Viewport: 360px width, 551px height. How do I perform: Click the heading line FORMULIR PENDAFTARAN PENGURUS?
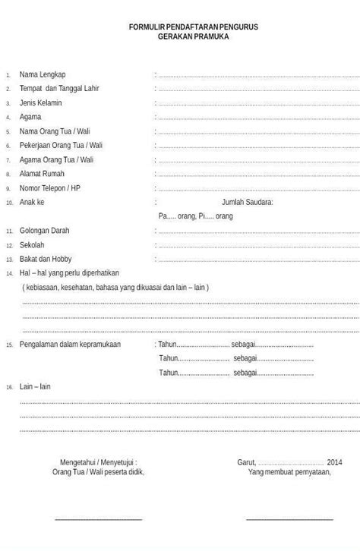193,27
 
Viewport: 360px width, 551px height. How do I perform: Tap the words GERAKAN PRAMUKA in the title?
193,36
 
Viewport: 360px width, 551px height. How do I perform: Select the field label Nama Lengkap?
43,74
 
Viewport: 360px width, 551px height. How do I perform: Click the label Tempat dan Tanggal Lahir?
59,89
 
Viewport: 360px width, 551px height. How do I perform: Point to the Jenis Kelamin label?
41,103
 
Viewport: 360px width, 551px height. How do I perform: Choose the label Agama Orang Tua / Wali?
57,160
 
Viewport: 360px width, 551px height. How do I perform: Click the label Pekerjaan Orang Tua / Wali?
60,146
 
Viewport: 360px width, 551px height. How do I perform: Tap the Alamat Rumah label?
42,174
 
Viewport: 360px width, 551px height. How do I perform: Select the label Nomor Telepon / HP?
50,188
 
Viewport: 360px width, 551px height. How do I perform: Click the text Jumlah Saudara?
247,203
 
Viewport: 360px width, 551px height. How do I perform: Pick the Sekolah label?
32,245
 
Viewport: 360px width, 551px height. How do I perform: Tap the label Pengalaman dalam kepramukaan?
70,345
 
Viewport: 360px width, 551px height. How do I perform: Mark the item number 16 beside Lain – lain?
9,388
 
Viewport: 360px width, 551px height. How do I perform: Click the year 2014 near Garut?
335,462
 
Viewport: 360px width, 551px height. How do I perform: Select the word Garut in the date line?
246,462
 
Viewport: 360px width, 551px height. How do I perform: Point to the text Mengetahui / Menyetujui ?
99,462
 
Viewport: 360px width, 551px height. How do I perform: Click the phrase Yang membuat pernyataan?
289,472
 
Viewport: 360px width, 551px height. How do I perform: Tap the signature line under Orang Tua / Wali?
99,520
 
